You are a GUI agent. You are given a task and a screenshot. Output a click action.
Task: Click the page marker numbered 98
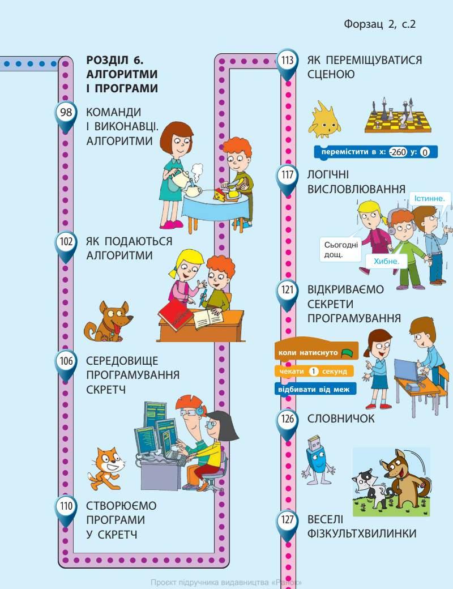66,113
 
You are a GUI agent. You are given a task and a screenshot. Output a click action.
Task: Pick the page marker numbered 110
66,506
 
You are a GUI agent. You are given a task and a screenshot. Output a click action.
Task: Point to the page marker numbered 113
288,60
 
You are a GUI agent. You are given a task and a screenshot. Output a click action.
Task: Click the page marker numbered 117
288,175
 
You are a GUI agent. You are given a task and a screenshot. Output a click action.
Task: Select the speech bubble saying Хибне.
386,261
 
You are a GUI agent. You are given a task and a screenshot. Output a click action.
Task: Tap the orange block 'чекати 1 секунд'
314,372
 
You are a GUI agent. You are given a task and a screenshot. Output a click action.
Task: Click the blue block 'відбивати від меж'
315,390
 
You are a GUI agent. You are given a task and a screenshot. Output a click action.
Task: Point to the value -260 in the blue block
399,152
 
